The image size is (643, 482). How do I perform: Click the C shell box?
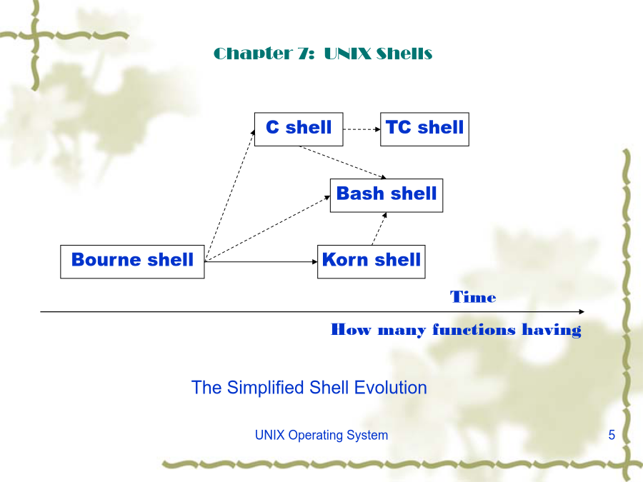coord(299,129)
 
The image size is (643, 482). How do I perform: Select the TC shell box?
coord(424,129)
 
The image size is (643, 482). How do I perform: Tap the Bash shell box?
coord(387,196)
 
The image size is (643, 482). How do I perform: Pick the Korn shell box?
coord(371,262)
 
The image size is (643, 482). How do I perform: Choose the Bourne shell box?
coord(132,262)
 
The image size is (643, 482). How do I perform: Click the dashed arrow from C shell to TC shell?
coord(362,129)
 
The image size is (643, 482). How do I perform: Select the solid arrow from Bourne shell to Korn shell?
coord(261,262)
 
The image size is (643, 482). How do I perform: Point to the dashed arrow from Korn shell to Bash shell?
coord(379,229)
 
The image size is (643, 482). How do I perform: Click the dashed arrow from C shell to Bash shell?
coord(343,162)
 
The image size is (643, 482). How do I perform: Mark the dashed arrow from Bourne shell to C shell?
coord(230,195)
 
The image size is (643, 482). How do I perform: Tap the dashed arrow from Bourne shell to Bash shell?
coord(267,229)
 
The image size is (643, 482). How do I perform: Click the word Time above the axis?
coord(473,296)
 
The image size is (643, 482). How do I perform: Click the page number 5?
coord(612,434)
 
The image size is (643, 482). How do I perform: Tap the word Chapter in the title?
coord(253,54)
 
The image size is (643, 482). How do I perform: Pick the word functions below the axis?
coord(474,329)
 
